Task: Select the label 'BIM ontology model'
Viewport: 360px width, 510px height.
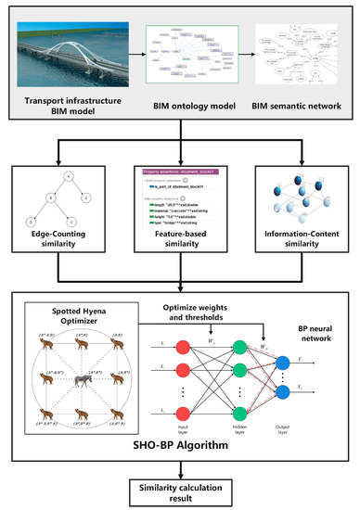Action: tap(181, 108)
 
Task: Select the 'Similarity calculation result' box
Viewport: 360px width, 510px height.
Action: tap(180, 487)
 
